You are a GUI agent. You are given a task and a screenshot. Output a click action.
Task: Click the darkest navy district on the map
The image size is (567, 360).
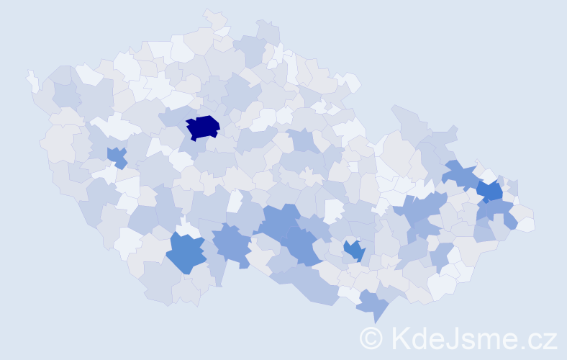tap(202, 127)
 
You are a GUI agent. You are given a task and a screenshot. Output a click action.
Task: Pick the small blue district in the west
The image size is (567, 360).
tap(116, 156)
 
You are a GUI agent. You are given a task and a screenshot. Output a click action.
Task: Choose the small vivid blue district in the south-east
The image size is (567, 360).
tap(353, 250)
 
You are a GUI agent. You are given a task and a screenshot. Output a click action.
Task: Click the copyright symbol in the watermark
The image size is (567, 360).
tap(371, 337)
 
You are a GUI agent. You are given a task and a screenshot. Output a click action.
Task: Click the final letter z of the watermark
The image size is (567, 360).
tap(548, 339)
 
